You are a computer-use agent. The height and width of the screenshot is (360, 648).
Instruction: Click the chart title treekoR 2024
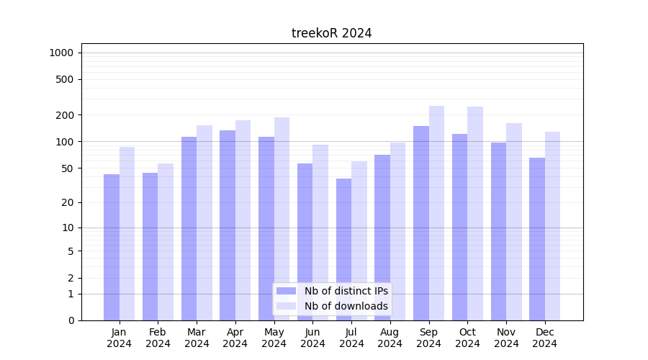click(x=331, y=33)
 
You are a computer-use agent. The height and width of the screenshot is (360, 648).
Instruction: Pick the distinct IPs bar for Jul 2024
click(x=344, y=249)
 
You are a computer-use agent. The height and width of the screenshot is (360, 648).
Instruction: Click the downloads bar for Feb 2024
click(x=166, y=242)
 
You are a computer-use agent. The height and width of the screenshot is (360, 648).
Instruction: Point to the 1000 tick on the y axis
click(x=61, y=53)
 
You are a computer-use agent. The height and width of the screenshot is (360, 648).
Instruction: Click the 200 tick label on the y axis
click(x=65, y=115)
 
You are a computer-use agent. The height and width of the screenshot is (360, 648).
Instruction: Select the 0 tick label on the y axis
click(x=71, y=320)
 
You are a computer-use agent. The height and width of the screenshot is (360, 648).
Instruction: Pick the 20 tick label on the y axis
click(x=68, y=202)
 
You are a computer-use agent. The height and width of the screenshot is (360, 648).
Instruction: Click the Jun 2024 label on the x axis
click(x=312, y=338)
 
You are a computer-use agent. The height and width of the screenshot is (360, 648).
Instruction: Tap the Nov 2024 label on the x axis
click(x=506, y=338)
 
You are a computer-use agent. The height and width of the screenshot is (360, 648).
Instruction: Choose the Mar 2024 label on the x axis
click(x=197, y=338)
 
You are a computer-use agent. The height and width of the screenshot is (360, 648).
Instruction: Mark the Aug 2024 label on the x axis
click(x=390, y=338)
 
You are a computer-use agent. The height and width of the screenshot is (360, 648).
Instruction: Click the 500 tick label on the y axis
click(x=65, y=79)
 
